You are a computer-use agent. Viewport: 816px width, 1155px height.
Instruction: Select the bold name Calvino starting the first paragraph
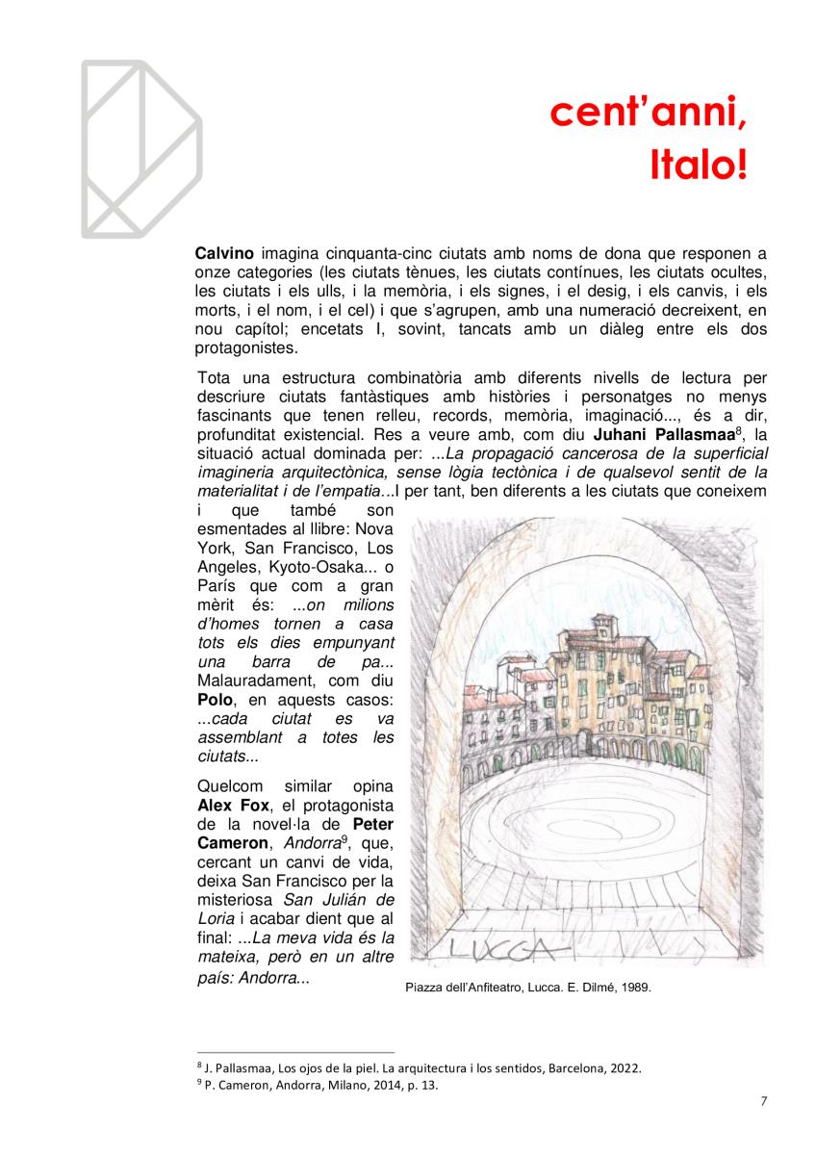224,254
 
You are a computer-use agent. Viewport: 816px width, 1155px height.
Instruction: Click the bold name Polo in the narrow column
216,699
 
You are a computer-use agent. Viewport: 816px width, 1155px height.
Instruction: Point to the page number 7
763,1102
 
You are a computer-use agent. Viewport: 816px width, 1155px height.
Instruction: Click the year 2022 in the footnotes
625,1068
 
